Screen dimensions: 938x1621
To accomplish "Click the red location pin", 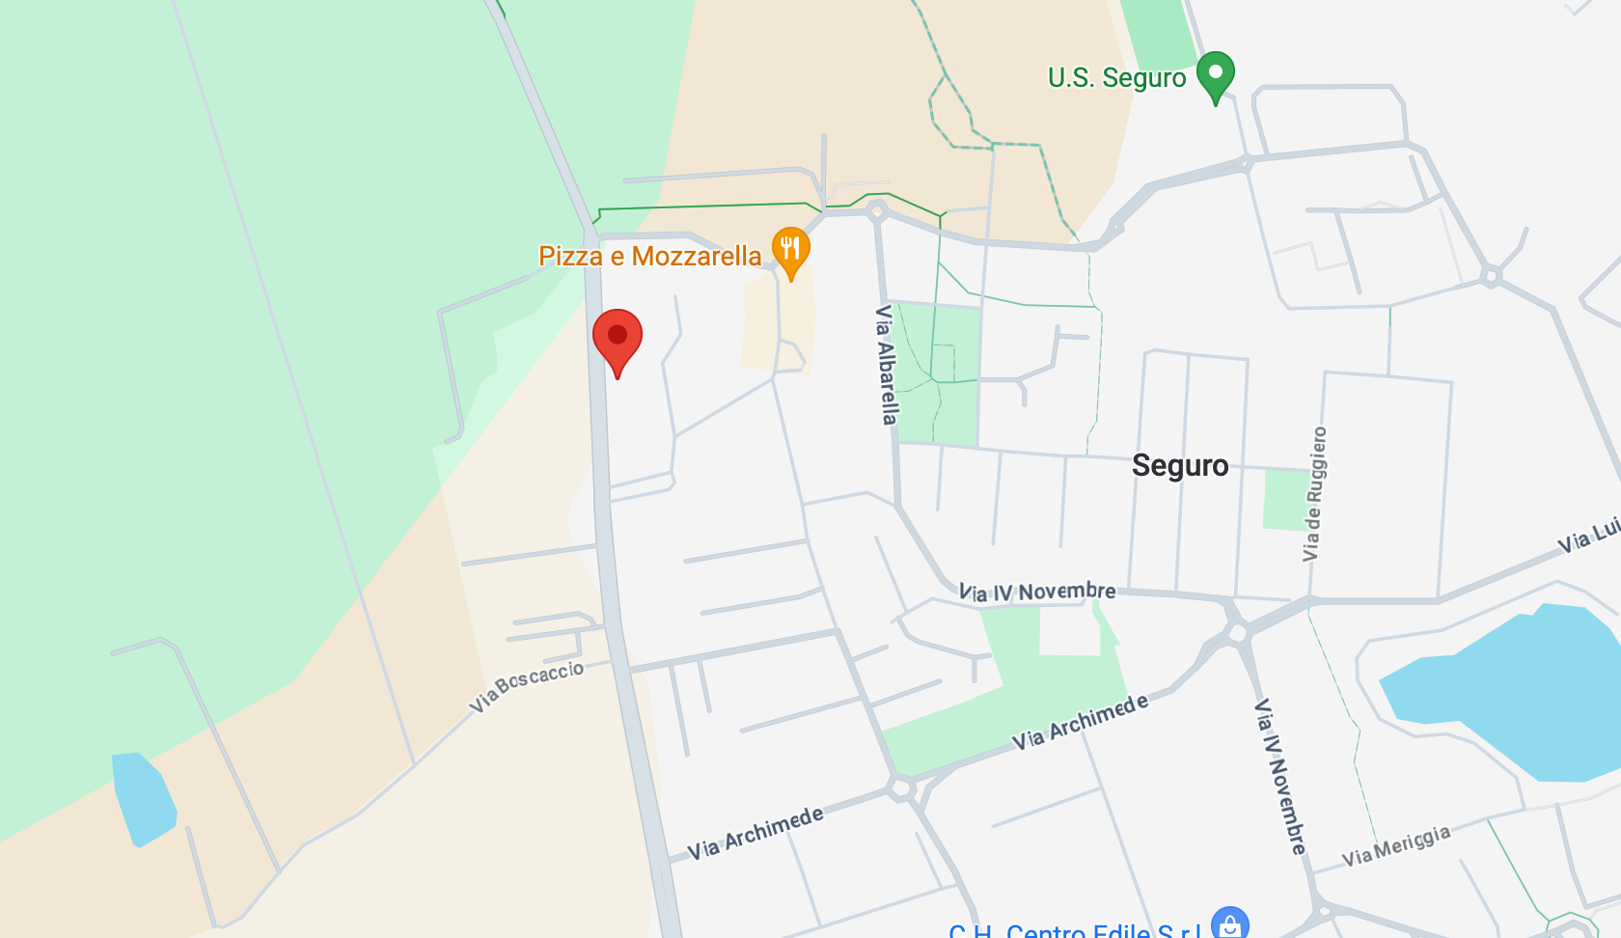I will click(618, 337).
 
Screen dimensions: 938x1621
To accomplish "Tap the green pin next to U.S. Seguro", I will click(1216, 74).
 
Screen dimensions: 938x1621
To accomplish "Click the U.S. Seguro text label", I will click(1116, 77).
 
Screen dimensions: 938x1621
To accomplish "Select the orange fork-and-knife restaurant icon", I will click(790, 249).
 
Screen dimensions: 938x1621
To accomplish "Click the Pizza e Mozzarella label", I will click(649, 256).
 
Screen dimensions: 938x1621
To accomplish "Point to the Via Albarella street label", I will click(886, 364).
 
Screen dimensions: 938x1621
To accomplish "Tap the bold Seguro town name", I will click(1179, 465).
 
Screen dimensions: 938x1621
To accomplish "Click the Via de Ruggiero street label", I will click(1314, 493).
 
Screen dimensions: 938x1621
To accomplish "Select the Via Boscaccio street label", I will click(527, 685).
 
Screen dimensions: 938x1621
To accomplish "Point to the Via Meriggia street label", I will click(1395, 845).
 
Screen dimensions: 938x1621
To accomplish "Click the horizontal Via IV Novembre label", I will click(1036, 591).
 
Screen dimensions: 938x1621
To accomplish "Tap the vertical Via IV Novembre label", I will click(1280, 776).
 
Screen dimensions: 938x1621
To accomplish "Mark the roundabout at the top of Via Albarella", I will click(877, 211).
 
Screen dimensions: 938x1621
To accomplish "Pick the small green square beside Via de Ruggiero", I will click(1285, 499).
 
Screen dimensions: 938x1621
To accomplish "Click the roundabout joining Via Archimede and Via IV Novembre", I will click(1237, 633).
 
